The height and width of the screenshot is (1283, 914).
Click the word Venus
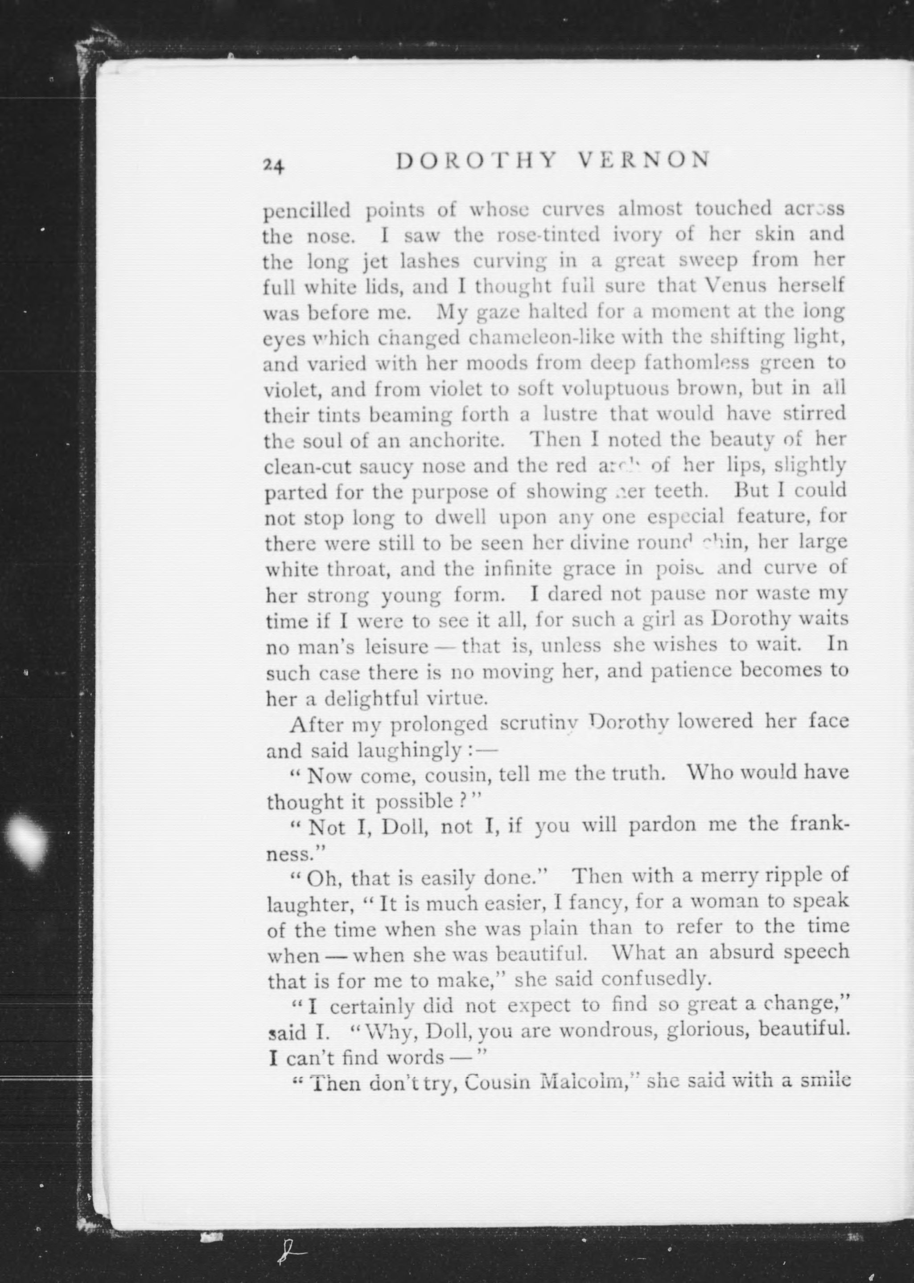point(734,287)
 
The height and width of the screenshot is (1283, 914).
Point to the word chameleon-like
point(531,338)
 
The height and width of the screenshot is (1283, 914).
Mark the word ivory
point(637,234)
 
